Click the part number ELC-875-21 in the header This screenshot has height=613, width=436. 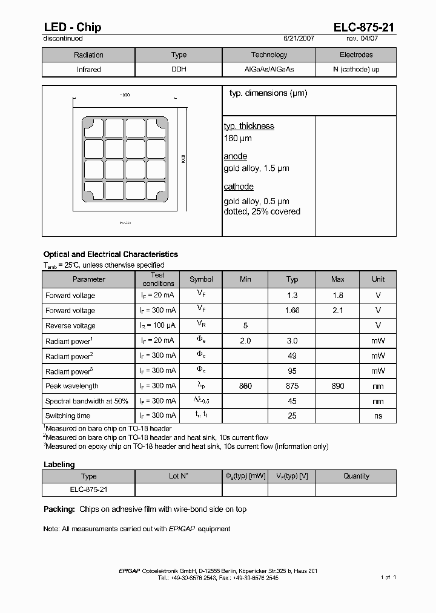click(365, 27)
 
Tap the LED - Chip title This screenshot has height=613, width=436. click(72, 27)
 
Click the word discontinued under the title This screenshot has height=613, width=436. click(63, 39)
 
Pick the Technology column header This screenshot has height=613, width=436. click(269, 55)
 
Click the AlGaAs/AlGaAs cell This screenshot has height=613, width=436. click(269, 70)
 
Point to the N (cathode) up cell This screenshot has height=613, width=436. click(356, 70)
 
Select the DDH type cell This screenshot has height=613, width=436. click(179, 70)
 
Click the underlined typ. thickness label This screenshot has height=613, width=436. click(249, 126)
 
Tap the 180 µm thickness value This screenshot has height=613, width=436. click(238, 138)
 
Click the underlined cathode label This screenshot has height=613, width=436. click(239, 187)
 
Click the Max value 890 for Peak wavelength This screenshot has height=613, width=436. click(337, 386)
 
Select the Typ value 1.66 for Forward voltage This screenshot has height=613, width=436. click(292, 310)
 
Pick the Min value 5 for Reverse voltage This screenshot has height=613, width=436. click(245, 325)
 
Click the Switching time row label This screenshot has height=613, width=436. click(68, 416)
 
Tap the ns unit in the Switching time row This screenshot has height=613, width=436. click(378, 416)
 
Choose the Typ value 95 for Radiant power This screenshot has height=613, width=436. click(292, 371)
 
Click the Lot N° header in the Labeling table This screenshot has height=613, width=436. click(179, 476)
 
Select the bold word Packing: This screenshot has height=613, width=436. click(59, 509)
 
